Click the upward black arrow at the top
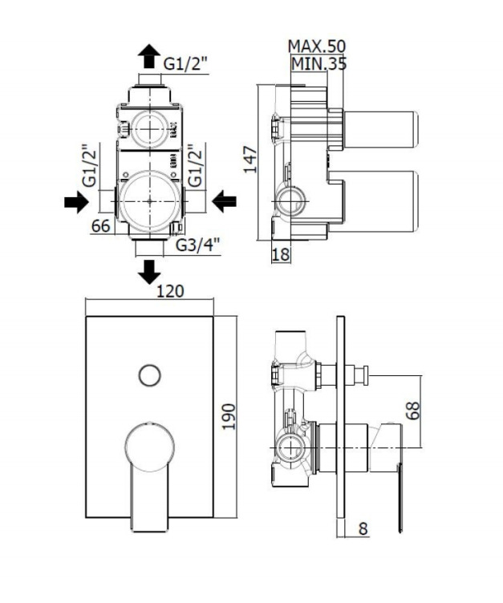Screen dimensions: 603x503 pos(148,56)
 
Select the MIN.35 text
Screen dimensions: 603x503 pos(318,63)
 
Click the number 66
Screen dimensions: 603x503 pos(99,225)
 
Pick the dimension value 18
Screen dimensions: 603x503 pos(281,254)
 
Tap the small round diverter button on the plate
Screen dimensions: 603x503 pos(148,374)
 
